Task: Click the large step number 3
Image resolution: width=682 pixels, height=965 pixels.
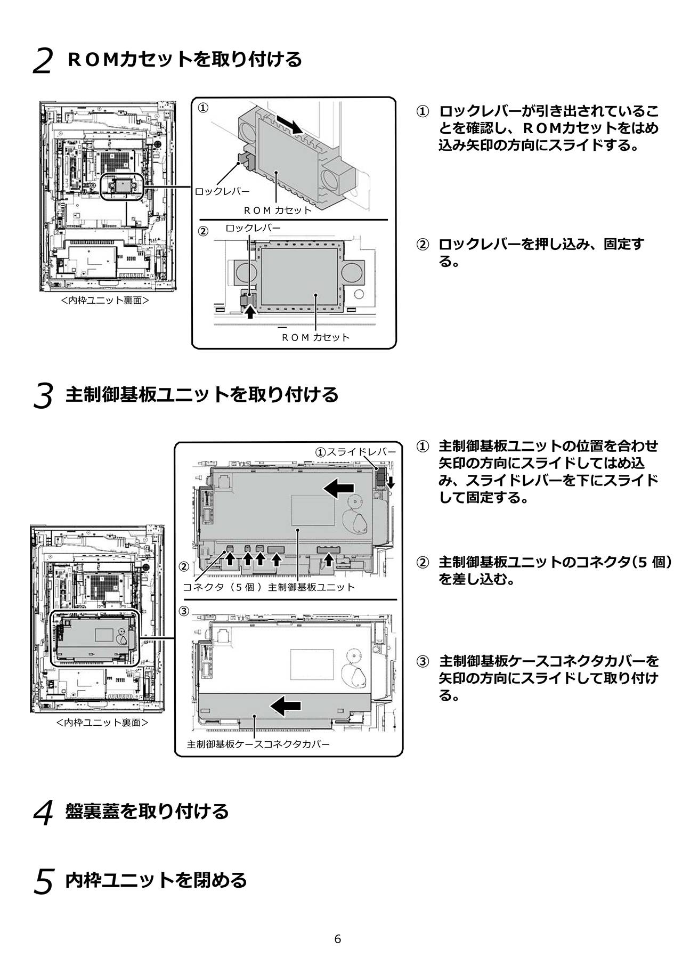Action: pyautogui.click(x=43, y=397)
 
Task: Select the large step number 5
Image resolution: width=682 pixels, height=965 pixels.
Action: pyautogui.click(x=43, y=882)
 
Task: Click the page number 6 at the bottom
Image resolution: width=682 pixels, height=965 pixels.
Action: pyautogui.click(x=337, y=938)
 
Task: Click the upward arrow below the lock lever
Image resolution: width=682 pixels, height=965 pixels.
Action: pyautogui.click(x=250, y=313)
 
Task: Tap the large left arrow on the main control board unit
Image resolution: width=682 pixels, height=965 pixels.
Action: pyautogui.click(x=339, y=488)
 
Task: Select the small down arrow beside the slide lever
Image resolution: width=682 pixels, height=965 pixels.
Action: pyautogui.click(x=391, y=483)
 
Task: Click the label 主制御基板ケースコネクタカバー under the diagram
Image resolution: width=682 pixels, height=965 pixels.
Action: pyautogui.click(x=258, y=744)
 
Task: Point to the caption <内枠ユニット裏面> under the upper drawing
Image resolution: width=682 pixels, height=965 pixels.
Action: pyautogui.click(x=104, y=301)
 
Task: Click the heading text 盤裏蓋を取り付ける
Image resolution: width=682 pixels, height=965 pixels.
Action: pyautogui.click(x=147, y=812)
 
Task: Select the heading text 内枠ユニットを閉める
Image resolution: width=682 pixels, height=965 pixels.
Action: pyautogui.click(x=156, y=880)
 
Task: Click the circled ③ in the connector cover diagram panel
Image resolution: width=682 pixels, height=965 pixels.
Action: pyautogui.click(x=184, y=611)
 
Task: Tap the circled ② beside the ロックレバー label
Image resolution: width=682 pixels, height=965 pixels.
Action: pyautogui.click(x=203, y=232)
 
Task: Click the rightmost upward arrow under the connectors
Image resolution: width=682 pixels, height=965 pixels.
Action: pyautogui.click(x=329, y=559)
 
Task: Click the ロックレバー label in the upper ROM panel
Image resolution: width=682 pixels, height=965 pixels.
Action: pyautogui.click(x=222, y=191)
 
